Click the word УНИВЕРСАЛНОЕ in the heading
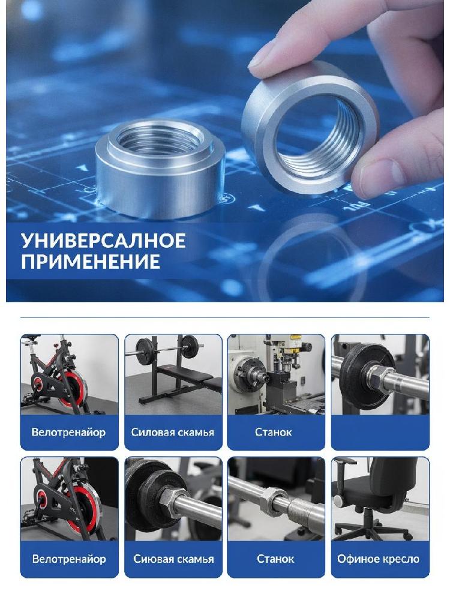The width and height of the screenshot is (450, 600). [103, 241]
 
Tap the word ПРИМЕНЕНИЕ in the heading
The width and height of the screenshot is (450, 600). [91, 262]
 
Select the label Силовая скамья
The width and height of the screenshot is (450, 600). [173, 433]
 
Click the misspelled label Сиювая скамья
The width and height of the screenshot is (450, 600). [173, 559]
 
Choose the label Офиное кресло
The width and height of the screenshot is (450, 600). [378, 559]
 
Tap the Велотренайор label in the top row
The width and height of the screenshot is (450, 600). [68, 433]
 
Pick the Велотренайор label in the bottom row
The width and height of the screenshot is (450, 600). [69, 559]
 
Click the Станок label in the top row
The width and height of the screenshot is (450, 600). [273, 433]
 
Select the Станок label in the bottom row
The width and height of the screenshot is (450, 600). [275, 559]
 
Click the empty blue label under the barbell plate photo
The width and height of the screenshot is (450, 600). [380, 433]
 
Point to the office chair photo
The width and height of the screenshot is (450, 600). [380, 499]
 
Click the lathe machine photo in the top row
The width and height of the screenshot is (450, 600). [276, 374]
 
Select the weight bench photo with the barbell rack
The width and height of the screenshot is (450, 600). [173, 374]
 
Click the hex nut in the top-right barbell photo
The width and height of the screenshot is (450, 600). [380, 379]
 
